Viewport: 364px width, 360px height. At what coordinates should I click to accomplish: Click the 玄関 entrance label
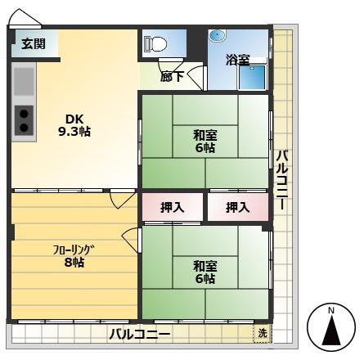34,43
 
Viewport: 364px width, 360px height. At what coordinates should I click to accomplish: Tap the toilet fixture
155,43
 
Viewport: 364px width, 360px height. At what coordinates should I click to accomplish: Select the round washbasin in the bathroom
218,35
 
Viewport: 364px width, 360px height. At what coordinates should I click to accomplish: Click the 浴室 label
238,60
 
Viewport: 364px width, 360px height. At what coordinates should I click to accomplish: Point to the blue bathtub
252,77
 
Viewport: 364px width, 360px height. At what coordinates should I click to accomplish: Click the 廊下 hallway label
172,77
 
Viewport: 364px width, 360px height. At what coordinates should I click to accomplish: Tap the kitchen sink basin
24,81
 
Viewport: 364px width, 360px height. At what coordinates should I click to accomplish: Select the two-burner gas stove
24,120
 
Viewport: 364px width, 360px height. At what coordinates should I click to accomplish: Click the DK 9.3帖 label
74,125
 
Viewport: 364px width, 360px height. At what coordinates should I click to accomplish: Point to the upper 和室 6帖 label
205,142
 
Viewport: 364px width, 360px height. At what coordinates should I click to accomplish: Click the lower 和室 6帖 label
205,272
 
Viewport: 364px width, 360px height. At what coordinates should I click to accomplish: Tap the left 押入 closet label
173,208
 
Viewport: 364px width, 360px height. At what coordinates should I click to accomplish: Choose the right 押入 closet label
238,208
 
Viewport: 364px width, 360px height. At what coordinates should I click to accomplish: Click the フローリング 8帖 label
74,256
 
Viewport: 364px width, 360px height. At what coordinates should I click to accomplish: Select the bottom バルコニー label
140,334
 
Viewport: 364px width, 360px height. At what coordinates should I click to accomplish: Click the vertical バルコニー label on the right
282,180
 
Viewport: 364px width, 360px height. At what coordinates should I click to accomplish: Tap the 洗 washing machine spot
263,333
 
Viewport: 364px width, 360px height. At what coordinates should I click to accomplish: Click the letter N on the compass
331,310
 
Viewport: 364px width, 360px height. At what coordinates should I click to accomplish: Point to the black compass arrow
331,330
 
